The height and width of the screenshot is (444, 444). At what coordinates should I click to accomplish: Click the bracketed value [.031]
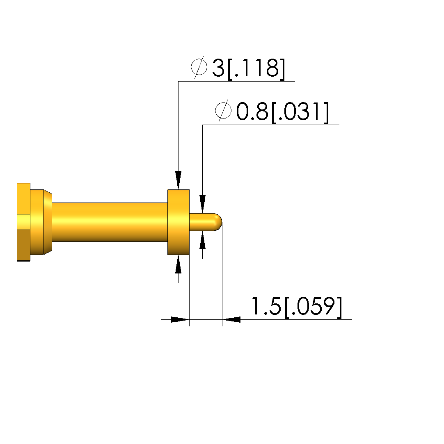[300, 112]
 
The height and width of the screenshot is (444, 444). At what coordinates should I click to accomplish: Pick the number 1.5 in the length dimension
[266, 306]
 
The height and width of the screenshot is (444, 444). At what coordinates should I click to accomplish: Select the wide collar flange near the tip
[179, 222]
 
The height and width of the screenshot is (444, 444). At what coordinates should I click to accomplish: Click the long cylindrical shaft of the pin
[110, 222]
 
